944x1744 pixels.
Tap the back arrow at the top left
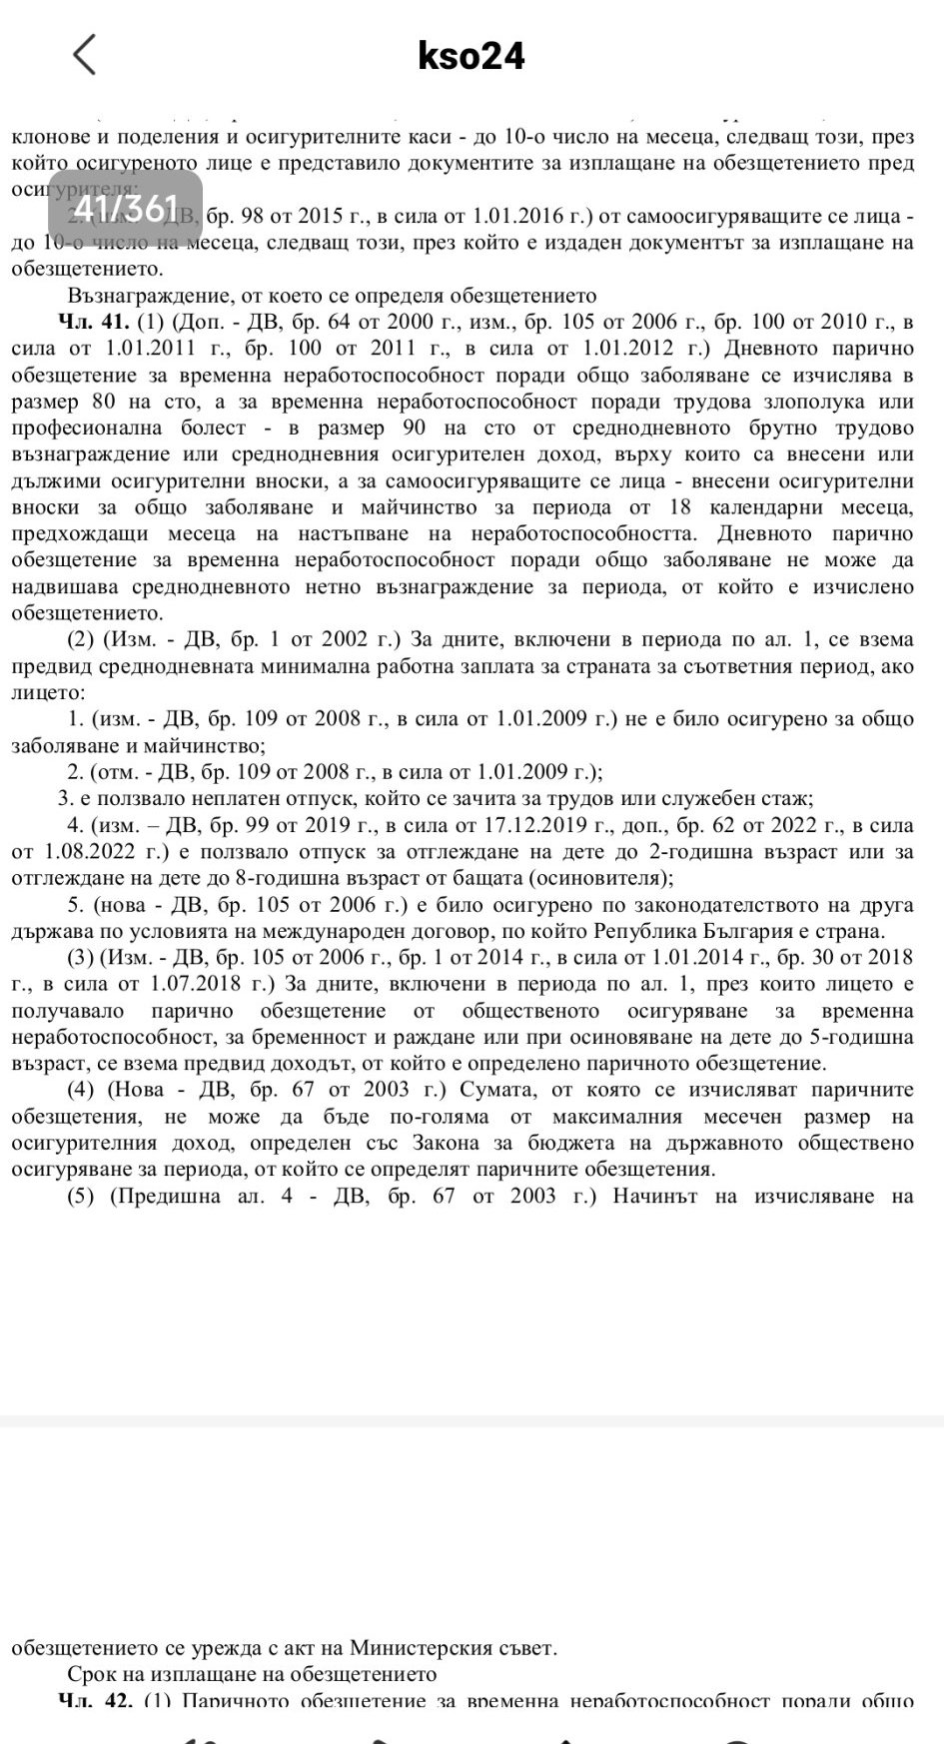pyautogui.click(x=85, y=55)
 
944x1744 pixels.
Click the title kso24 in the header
pyautogui.click(x=472, y=56)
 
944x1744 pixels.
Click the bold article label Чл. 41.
pyautogui.click(x=94, y=322)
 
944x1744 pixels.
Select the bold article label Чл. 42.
pyautogui.click(x=94, y=1701)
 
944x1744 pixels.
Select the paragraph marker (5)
pyautogui.click(x=80, y=1196)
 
